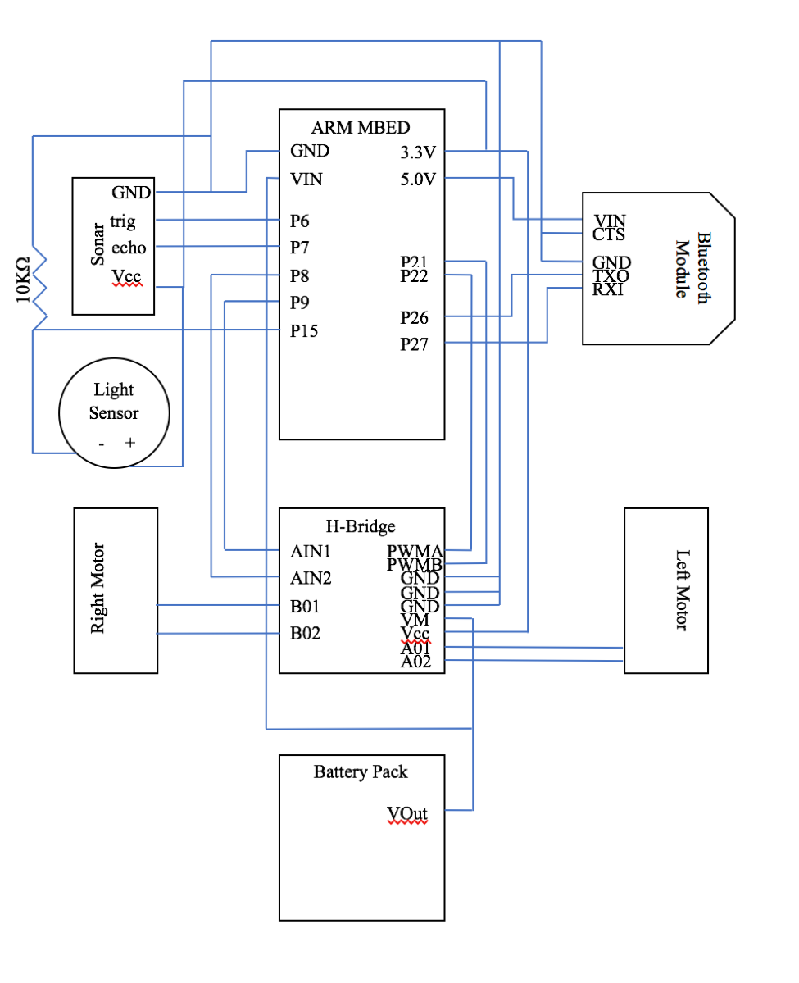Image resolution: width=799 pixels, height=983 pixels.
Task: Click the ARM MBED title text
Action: pos(361,127)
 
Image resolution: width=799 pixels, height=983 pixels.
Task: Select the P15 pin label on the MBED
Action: pos(304,331)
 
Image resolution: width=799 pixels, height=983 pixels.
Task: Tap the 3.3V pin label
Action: pos(417,152)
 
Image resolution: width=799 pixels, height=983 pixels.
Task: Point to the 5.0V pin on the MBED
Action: pos(417,179)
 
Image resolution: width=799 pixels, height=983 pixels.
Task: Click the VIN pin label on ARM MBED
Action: pos(306,179)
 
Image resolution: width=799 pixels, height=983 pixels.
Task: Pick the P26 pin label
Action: pos(415,317)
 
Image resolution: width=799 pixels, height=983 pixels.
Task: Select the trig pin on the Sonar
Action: pos(123,221)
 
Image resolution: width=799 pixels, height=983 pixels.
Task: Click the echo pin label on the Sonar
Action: pos(129,247)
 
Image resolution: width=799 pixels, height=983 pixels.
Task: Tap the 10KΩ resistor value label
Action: pos(23,279)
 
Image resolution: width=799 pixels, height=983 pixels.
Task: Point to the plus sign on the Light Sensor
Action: pos(129,443)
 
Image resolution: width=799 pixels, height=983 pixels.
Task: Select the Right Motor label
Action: pos(98,589)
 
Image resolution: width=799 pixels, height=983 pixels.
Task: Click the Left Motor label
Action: pos(683,589)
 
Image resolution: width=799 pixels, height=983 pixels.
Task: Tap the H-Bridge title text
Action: pos(361,526)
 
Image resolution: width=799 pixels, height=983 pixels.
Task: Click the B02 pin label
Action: pos(305,633)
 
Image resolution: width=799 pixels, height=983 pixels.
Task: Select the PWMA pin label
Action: pos(415,550)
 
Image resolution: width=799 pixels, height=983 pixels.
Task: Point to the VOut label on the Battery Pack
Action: pos(407,813)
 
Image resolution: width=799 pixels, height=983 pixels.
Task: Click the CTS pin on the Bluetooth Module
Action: pos(609,234)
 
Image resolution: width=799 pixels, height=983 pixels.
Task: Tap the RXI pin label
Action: pos(608,289)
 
